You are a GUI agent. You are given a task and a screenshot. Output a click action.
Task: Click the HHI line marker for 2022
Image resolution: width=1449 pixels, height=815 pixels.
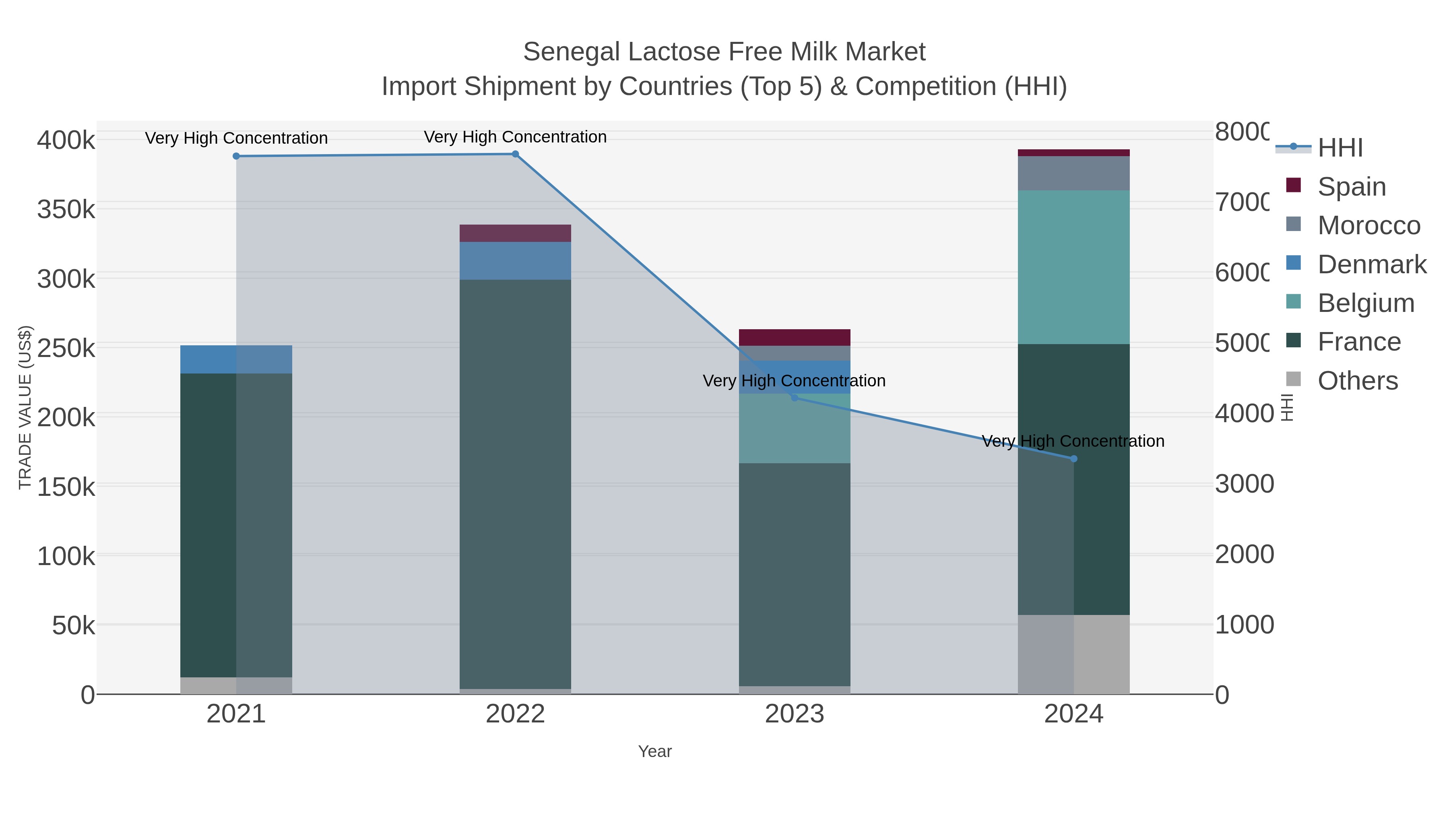(515, 154)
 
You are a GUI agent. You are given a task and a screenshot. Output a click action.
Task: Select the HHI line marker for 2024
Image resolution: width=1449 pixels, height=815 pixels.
(1074, 459)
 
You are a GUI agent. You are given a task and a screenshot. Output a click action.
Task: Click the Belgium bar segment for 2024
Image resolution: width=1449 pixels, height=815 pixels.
(1074, 267)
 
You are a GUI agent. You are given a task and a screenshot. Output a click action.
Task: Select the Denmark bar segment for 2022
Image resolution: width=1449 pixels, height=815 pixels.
(515, 261)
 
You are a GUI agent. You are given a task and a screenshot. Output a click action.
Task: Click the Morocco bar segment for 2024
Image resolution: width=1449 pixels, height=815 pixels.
(1074, 173)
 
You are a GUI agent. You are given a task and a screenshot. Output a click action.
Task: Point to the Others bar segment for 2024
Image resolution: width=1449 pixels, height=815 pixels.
(1074, 654)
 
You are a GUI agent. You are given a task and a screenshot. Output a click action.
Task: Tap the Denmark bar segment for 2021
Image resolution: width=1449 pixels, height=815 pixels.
(236, 359)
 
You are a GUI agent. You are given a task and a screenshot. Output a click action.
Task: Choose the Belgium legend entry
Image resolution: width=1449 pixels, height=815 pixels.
(1365, 303)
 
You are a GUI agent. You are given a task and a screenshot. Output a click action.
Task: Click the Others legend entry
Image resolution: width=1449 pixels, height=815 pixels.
(1357, 381)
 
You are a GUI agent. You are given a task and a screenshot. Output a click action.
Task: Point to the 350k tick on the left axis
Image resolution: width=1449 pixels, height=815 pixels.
(66, 210)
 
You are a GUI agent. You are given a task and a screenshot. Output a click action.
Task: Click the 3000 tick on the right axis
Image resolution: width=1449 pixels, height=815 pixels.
(1244, 484)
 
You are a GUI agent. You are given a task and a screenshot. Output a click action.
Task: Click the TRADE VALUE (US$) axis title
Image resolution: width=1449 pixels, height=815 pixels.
(25, 407)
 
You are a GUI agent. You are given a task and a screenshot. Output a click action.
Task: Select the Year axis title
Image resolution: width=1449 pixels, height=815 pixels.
(655, 751)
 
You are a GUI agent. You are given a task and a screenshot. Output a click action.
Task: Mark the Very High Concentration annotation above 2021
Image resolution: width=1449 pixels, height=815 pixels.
(236, 138)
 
